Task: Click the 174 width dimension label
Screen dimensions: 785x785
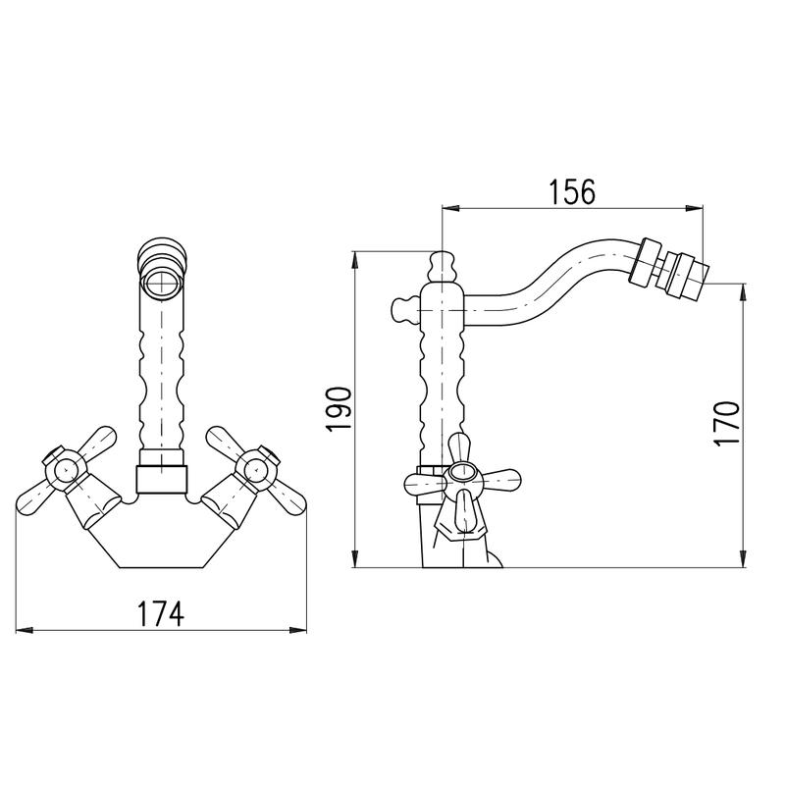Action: [x=161, y=613]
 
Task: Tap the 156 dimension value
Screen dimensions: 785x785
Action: [x=572, y=191]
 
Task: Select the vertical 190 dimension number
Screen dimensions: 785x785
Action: [x=339, y=408]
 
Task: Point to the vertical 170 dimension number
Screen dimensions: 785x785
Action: [x=726, y=424]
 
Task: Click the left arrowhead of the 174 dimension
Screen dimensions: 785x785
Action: [x=24, y=630]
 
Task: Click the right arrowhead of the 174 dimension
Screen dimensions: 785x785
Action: [x=298, y=630]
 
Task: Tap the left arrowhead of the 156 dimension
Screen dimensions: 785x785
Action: [x=450, y=208]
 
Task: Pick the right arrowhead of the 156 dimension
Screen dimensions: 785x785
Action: [x=695, y=208]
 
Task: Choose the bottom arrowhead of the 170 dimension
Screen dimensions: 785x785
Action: [x=744, y=558]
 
